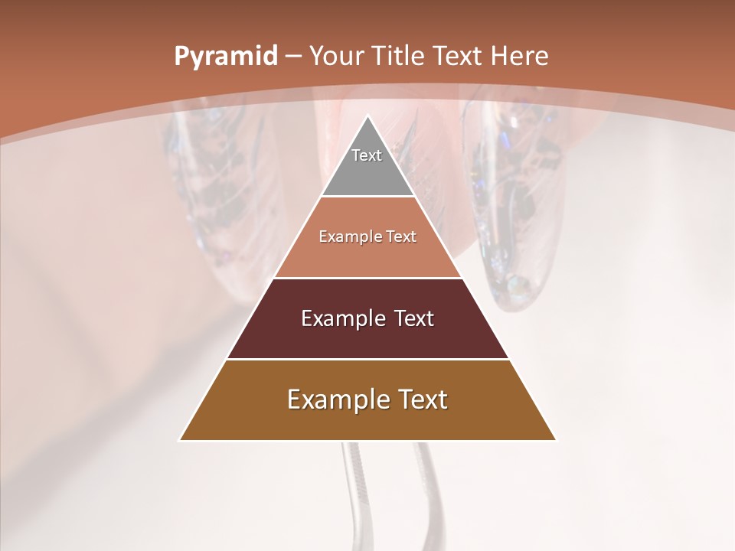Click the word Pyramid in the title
(x=225, y=57)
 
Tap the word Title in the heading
(x=397, y=56)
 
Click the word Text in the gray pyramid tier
(x=367, y=155)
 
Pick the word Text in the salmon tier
(x=399, y=236)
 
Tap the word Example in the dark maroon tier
(x=340, y=318)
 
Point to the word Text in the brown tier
(x=421, y=399)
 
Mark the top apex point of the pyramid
(x=367, y=116)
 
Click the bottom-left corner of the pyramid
(x=180, y=440)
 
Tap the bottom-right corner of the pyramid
(x=555, y=440)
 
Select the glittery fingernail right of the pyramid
(x=509, y=214)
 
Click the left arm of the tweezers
(x=354, y=490)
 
